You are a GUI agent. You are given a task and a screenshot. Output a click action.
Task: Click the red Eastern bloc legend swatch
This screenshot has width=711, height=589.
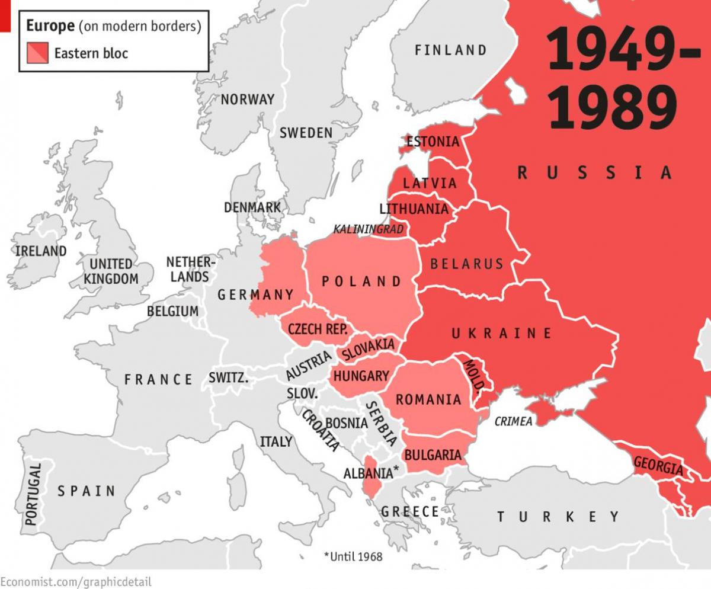point(36,53)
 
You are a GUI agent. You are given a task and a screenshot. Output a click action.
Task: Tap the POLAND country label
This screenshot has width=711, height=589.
point(361,281)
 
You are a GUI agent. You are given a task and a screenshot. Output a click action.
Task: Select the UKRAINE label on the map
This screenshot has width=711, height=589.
point(501,333)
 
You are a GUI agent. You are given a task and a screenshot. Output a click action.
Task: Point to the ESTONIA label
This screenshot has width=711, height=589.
point(433,142)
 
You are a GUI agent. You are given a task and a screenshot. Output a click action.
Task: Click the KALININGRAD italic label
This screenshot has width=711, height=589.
point(368,229)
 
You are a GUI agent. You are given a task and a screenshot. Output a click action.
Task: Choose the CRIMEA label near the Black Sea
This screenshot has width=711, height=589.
point(513,421)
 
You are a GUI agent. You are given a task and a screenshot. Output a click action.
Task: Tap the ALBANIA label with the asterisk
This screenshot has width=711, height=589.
point(371,473)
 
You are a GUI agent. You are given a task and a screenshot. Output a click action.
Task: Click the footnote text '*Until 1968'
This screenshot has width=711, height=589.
point(353,556)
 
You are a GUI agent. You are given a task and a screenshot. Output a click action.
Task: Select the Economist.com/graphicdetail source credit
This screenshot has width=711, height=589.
point(76,581)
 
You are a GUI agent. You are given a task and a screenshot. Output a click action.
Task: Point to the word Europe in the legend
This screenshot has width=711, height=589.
point(50,25)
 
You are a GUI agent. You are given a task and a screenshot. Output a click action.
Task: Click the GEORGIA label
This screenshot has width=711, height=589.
point(658,466)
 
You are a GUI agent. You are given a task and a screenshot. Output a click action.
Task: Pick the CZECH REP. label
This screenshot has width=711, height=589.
point(318,329)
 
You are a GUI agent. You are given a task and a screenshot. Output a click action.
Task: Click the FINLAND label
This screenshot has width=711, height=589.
point(450,50)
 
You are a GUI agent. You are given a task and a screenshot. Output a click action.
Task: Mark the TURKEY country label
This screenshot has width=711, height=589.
point(558,517)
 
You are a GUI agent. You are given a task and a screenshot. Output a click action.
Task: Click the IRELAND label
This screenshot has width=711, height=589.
point(41,251)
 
